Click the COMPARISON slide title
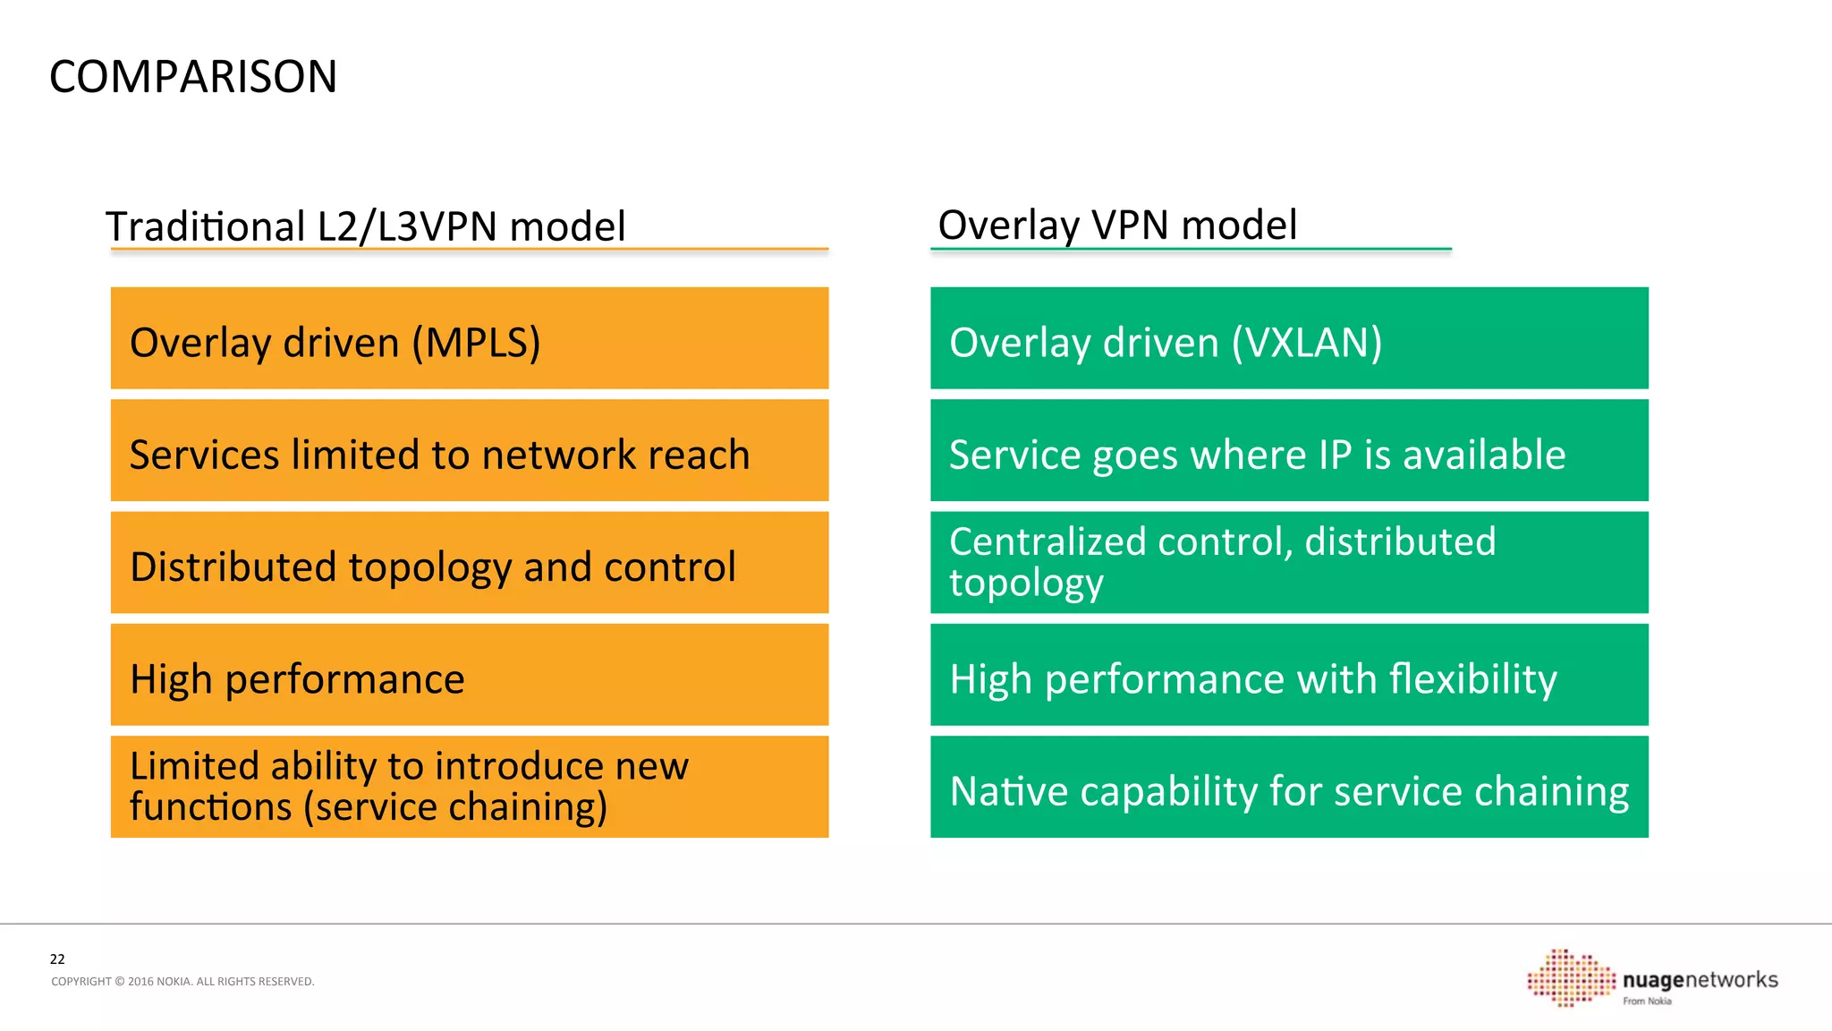[x=193, y=77]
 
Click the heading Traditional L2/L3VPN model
[x=365, y=226]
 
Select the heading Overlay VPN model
[x=1116, y=225]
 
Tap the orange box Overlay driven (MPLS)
[x=469, y=338]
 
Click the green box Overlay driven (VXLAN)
[x=1288, y=338]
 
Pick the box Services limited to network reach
[x=469, y=451]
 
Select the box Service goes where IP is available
[x=1288, y=451]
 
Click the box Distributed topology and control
[x=469, y=563]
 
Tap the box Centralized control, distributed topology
[x=1288, y=563]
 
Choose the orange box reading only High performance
[x=469, y=675]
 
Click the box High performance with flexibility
[x=1288, y=675]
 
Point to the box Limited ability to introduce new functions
[x=469, y=787]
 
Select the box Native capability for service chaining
[x=1288, y=787]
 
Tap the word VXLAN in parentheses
[x=1307, y=343]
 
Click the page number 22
[x=57, y=959]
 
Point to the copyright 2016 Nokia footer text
[x=182, y=982]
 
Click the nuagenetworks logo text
[x=1700, y=980]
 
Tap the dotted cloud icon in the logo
[x=1571, y=978]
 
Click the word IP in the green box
[x=1335, y=455]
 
